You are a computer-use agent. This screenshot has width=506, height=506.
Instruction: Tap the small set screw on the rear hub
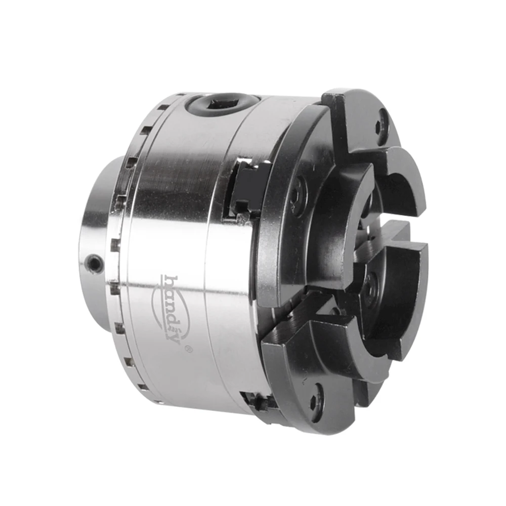95,262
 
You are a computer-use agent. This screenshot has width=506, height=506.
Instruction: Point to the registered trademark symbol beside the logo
188,349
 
